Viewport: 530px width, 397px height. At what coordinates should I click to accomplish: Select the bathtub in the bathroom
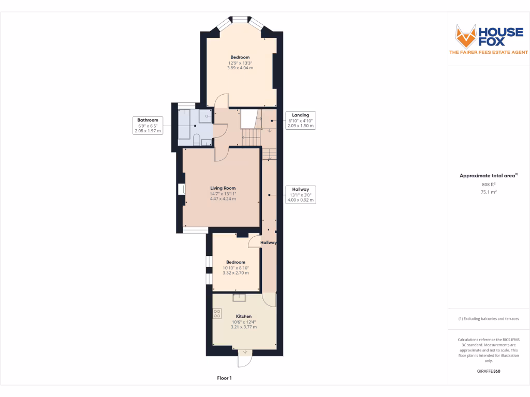[x=185, y=124]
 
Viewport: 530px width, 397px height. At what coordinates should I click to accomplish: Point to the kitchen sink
[x=240, y=297]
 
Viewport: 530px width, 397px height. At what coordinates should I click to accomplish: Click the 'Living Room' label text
[x=223, y=188]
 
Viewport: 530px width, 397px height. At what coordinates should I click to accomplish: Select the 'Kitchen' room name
[x=244, y=316]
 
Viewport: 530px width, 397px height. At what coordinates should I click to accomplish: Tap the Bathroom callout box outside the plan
[x=148, y=126]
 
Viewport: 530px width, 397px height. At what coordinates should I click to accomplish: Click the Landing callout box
[x=300, y=120]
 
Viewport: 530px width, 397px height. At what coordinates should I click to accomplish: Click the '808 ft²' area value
[x=489, y=184]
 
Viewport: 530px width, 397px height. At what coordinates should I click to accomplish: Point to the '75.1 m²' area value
[x=489, y=191]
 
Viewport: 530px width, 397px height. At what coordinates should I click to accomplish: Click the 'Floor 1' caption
[x=224, y=378]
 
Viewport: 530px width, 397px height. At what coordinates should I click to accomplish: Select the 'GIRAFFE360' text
[x=489, y=371]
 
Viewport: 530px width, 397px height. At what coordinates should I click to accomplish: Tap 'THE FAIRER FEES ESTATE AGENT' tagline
[x=489, y=52]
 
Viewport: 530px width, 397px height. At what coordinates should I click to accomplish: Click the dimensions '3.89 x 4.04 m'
[x=240, y=68]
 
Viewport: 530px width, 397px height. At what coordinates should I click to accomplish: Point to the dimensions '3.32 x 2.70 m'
[x=236, y=273]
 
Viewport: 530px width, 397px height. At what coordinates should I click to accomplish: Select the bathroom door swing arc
[x=220, y=129]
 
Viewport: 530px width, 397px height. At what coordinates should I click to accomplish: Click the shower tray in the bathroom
[x=205, y=116]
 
